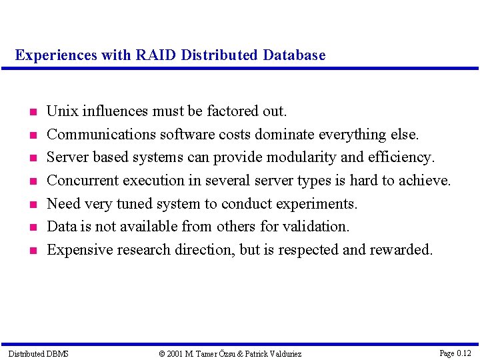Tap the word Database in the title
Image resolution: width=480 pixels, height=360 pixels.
[294, 55]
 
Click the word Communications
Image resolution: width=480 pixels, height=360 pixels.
[101, 134]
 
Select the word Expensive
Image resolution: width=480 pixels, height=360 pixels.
[79, 250]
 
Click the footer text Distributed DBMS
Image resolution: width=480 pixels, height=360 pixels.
[38, 353]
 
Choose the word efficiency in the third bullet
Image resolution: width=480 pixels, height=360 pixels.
[402, 157]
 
